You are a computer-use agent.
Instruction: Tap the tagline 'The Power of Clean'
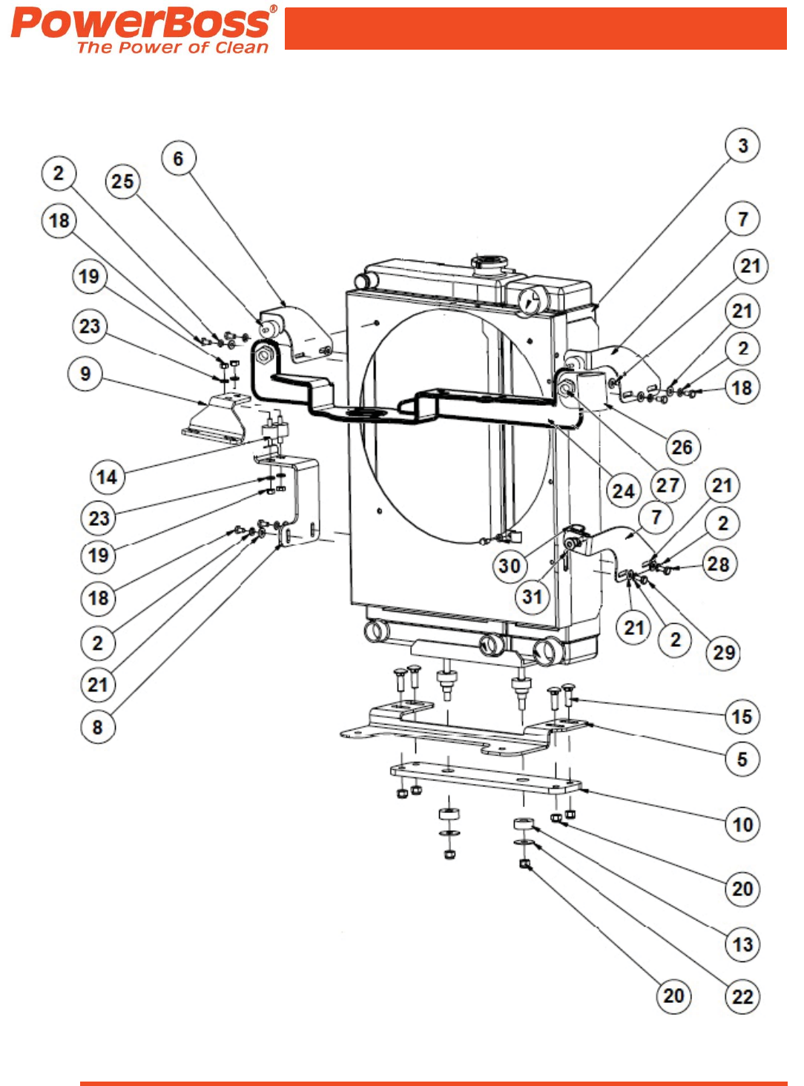coord(172,47)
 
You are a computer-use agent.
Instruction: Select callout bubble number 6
coord(178,159)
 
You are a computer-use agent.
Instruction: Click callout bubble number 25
coord(122,181)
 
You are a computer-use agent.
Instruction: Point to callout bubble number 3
coord(742,145)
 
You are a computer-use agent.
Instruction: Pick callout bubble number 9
coord(85,373)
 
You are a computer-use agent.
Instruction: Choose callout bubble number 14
coord(107,476)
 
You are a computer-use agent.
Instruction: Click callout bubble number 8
coord(97,727)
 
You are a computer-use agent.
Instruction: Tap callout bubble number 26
coord(682,447)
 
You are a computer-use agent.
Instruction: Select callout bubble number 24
coord(623,490)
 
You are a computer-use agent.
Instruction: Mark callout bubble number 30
coord(510,566)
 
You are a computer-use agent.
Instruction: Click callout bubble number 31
coord(532,596)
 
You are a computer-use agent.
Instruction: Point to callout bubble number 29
coord(723,653)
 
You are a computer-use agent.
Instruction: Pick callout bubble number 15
coord(742,717)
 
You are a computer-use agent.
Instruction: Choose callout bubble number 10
coord(742,824)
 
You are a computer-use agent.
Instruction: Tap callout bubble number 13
coord(742,944)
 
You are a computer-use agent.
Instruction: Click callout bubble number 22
coord(742,996)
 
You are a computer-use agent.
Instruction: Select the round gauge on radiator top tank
coord(531,300)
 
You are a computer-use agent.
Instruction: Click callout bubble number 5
coord(742,759)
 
